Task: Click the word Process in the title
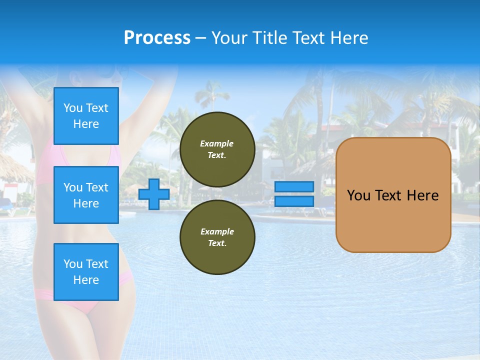157,38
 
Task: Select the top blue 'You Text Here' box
86,116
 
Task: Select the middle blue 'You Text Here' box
86,195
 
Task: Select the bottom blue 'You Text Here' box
86,272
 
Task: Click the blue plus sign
154,194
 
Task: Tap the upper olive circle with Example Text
217,149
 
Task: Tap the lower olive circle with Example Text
217,237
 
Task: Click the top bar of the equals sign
294,187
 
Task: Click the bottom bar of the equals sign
294,201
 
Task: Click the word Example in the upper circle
217,143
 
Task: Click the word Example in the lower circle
217,231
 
